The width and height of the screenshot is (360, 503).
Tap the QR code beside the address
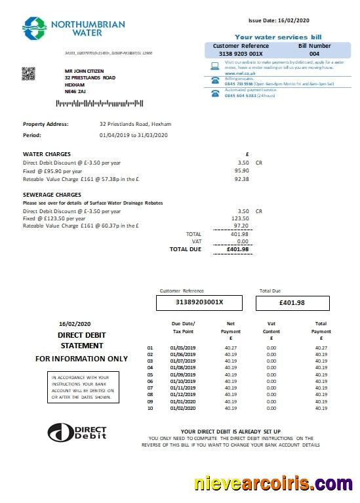point(28,73)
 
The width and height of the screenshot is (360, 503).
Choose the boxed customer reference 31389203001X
point(199,302)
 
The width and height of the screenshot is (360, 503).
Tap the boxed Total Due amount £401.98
point(291,302)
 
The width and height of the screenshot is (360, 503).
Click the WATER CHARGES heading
point(47,154)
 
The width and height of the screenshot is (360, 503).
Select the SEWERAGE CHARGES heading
point(52,195)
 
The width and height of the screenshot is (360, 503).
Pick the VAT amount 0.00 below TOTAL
point(243,241)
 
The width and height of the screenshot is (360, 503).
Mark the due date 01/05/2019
point(182,348)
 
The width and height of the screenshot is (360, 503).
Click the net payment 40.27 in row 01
point(230,348)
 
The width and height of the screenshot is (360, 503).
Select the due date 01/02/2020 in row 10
point(182,408)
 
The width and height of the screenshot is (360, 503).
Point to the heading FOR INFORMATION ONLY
point(81,359)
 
